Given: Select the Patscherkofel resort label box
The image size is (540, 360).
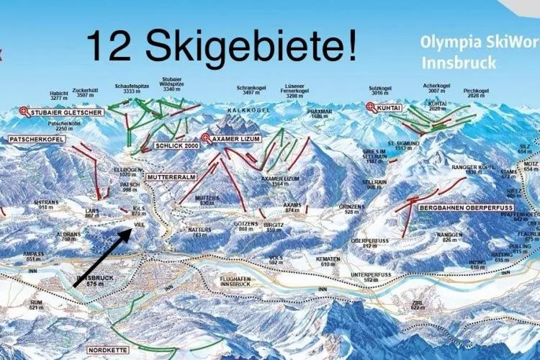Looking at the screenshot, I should click(36, 138).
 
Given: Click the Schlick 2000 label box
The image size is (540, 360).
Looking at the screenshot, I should click(175, 145).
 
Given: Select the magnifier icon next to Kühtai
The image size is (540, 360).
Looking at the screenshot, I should click(372, 107).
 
